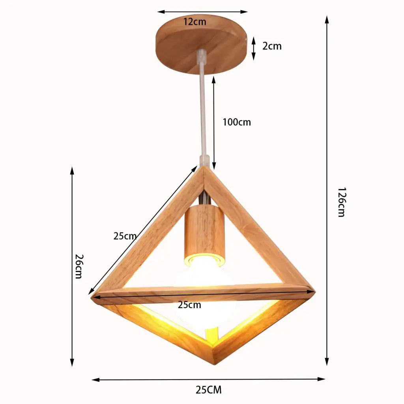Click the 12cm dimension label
(x=195, y=22)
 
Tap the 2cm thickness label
(x=272, y=46)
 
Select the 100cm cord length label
(x=236, y=122)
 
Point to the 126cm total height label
(x=341, y=202)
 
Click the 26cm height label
(x=78, y=266)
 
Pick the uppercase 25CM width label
(x=208, y=390)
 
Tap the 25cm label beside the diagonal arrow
(x=125, y=236)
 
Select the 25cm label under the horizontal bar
(x=189, y=305)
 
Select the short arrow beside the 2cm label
(x=254, y=49)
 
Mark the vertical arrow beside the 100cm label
(x=214, y=122)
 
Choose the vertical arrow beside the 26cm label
(x=72, y=266)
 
